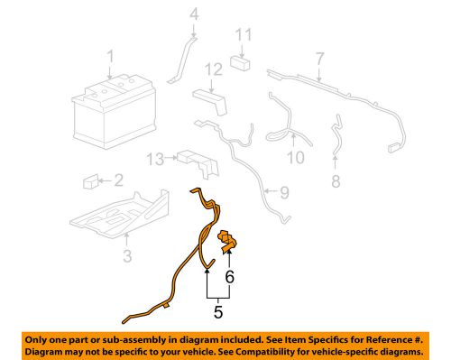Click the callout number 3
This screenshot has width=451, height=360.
point(127,257)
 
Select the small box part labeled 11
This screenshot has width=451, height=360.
point(239,63)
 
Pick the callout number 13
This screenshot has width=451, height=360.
point(155,159)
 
